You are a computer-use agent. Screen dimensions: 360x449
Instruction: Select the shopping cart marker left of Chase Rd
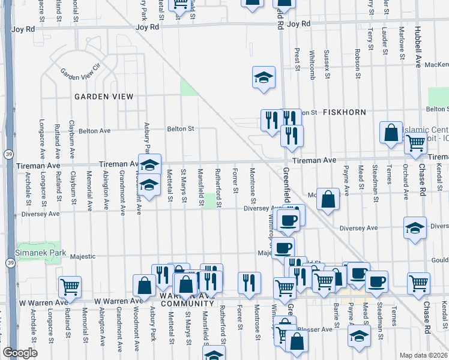(418, 284)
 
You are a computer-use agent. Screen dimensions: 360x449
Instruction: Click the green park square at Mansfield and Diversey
(211, 200)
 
